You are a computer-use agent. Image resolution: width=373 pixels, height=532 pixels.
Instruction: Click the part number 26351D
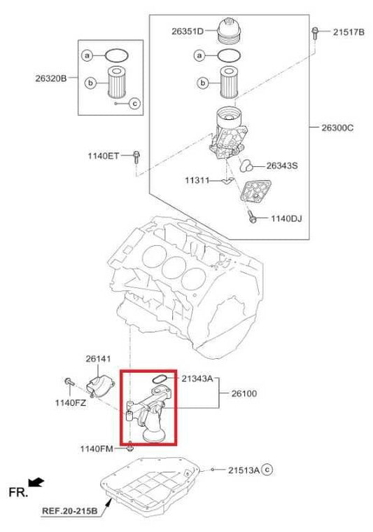[188, 31]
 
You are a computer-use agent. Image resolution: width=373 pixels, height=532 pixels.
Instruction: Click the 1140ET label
[104, 156]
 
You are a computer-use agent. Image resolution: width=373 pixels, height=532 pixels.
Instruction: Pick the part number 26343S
[282, 166]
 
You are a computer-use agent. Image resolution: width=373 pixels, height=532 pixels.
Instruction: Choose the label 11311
[197, 181]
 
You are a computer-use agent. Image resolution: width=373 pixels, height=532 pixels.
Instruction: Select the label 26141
[99, 359]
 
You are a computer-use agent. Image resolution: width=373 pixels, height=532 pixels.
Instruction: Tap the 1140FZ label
[70, 402]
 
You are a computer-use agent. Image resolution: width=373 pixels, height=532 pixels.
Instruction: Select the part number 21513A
[244, 470]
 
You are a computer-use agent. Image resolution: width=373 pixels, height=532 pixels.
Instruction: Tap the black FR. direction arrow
[36, 482]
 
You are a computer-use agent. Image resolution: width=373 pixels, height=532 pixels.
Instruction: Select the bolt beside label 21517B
[317, 32]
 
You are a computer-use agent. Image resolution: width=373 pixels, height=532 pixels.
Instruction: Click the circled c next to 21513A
[267, 470]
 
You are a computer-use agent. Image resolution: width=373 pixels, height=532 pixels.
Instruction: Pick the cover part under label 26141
[102, 383]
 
